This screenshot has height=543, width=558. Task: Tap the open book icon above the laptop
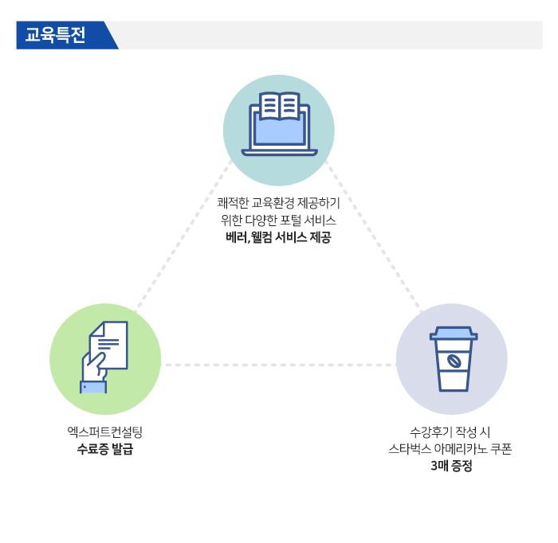point(279,105)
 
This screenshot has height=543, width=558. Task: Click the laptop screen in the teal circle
point(279,131)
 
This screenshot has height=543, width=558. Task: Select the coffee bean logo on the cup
point(454,361)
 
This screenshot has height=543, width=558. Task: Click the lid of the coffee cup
point(454,334)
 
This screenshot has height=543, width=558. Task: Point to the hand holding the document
point(94,367)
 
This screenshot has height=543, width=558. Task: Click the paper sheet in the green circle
point(109,345)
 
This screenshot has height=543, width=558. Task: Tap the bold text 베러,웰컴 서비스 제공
point(278,237)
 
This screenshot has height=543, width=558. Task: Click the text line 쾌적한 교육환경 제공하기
point(279,203)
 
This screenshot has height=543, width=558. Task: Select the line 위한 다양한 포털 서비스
point(278,221)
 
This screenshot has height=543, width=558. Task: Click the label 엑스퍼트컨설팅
point(105,432)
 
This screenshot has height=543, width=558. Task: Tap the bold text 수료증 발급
point(105,449)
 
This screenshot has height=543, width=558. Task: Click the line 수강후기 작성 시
point(450,432)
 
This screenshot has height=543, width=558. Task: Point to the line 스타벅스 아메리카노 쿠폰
point(450,449)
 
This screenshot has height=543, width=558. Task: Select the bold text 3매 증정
point(451,466)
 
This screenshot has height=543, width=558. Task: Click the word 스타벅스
point(409,449)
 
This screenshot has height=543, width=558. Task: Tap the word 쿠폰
point(501,449)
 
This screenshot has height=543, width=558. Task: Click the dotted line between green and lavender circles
point(278,365)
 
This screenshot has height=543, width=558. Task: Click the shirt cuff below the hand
point(93,387)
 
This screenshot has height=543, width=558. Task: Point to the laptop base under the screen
point(279,152)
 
